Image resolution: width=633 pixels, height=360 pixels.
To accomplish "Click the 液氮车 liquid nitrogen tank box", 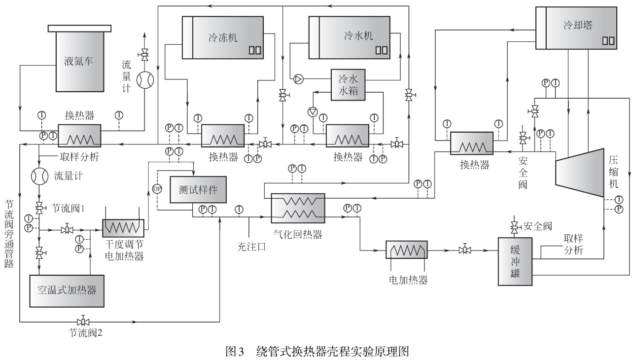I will [79, 62].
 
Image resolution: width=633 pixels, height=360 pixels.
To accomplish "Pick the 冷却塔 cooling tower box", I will [577, 28].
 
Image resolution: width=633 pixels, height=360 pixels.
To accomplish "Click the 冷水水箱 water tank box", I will [348, 85].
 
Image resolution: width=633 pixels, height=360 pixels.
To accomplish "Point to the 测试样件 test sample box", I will [198, 190].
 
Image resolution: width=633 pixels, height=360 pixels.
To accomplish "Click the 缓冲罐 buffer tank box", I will [515, 261].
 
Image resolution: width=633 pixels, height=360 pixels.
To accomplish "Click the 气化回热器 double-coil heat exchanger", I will [298, 207].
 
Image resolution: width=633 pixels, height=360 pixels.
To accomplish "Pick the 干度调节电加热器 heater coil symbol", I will [123, 228].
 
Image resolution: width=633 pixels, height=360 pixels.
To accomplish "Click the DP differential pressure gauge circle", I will [157, 189].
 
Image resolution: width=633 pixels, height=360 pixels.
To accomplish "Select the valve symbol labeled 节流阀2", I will [83, 322].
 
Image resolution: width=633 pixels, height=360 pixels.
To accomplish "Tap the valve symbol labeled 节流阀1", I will [39, 207].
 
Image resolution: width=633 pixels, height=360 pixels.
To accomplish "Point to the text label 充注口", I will [251, 247].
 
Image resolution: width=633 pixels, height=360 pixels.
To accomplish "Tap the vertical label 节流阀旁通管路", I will [9, 234].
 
